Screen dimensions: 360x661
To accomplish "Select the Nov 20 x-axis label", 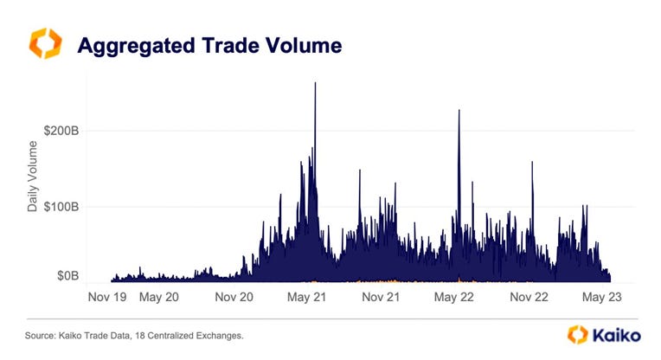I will [234, 297].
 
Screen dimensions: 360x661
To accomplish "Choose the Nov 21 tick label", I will [382, 297].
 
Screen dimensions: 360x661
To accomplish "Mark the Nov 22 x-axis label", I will [529, 297].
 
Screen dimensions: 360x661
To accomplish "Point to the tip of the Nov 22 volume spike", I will [532, 164].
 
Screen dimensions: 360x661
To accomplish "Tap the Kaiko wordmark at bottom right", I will [616, 334].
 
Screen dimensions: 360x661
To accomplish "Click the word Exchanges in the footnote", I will [218, 334].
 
